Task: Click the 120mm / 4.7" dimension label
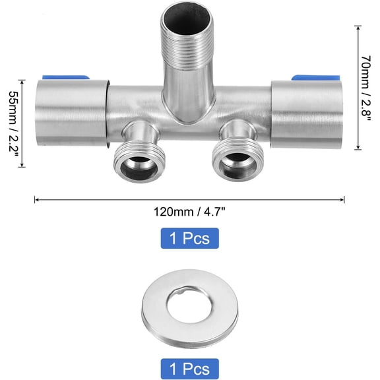click(190, 212)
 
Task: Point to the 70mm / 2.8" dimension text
click(366, 88)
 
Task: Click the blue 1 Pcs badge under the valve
click(190, 238)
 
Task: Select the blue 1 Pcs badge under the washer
click(190, 369)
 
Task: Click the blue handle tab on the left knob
click(66, 78)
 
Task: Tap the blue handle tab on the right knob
click(315, 78)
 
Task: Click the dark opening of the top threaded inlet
click(187, 21)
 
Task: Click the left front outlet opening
click(139, 168)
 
